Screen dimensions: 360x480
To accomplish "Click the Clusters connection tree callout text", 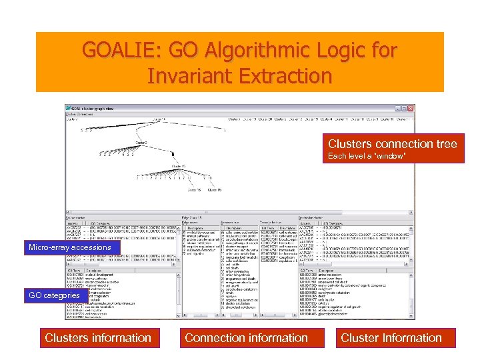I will pyautogui.click(x=392, y=144).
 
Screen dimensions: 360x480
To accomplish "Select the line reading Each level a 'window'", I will pyautogui.click(x=367, y=156).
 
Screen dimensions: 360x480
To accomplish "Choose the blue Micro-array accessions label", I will pyautogui.click(x=70, y=248).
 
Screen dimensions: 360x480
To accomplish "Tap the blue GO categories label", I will pyautogui.click(x=53, y=295).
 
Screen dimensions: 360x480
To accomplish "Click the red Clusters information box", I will pyautogui.click(x=98, y=338).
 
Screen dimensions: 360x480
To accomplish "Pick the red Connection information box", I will pyautogui.click(x=246, y=338).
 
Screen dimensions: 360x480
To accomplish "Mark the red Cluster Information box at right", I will pyautogui.click(x=391, y=338).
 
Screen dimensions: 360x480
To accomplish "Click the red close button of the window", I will pyautogui.click(x=410, y=109).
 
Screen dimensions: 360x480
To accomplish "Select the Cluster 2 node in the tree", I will pyautogui.click(x=141, y=142).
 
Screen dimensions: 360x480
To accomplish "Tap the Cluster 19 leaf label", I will pyautogui.click(x=214, y=190).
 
